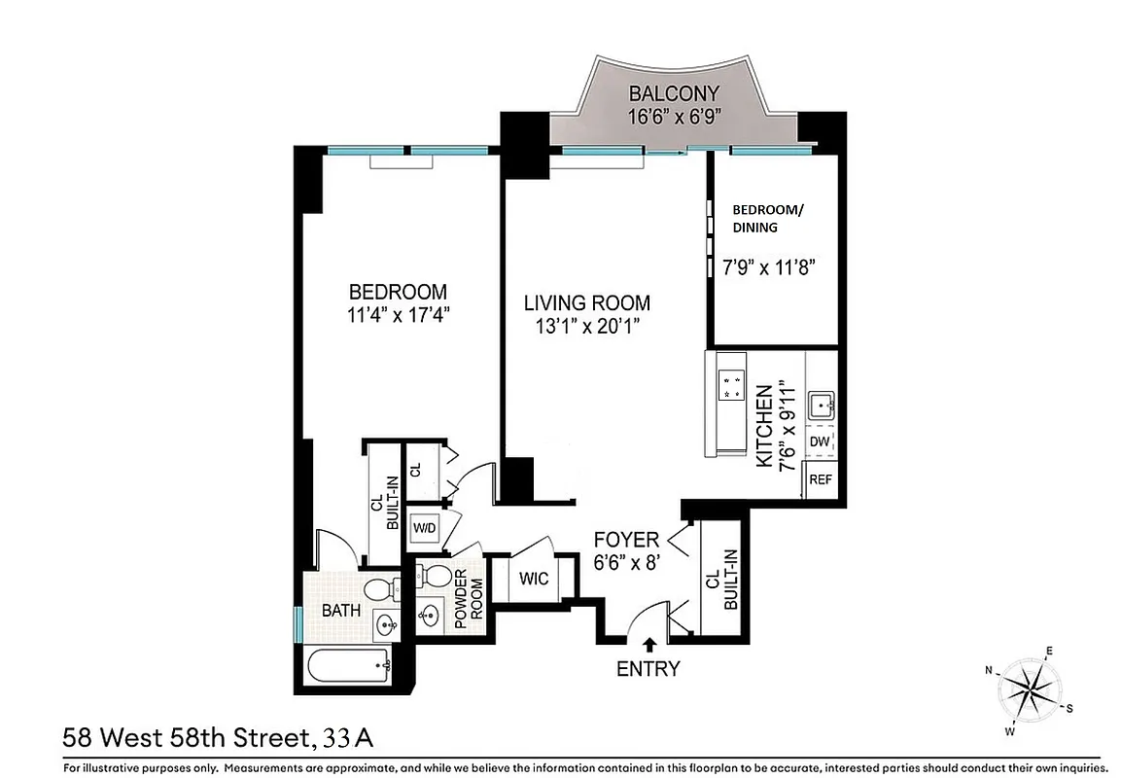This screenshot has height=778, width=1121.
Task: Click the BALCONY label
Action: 674,94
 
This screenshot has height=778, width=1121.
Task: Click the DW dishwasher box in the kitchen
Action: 820,442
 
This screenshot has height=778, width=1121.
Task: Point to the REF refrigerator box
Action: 821,479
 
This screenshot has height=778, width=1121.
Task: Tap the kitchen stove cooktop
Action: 730,385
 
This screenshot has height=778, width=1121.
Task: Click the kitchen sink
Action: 820,403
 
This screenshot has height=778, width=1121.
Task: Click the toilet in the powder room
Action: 434,576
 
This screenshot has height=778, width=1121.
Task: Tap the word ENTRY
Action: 648,669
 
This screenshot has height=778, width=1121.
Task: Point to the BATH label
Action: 341,611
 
